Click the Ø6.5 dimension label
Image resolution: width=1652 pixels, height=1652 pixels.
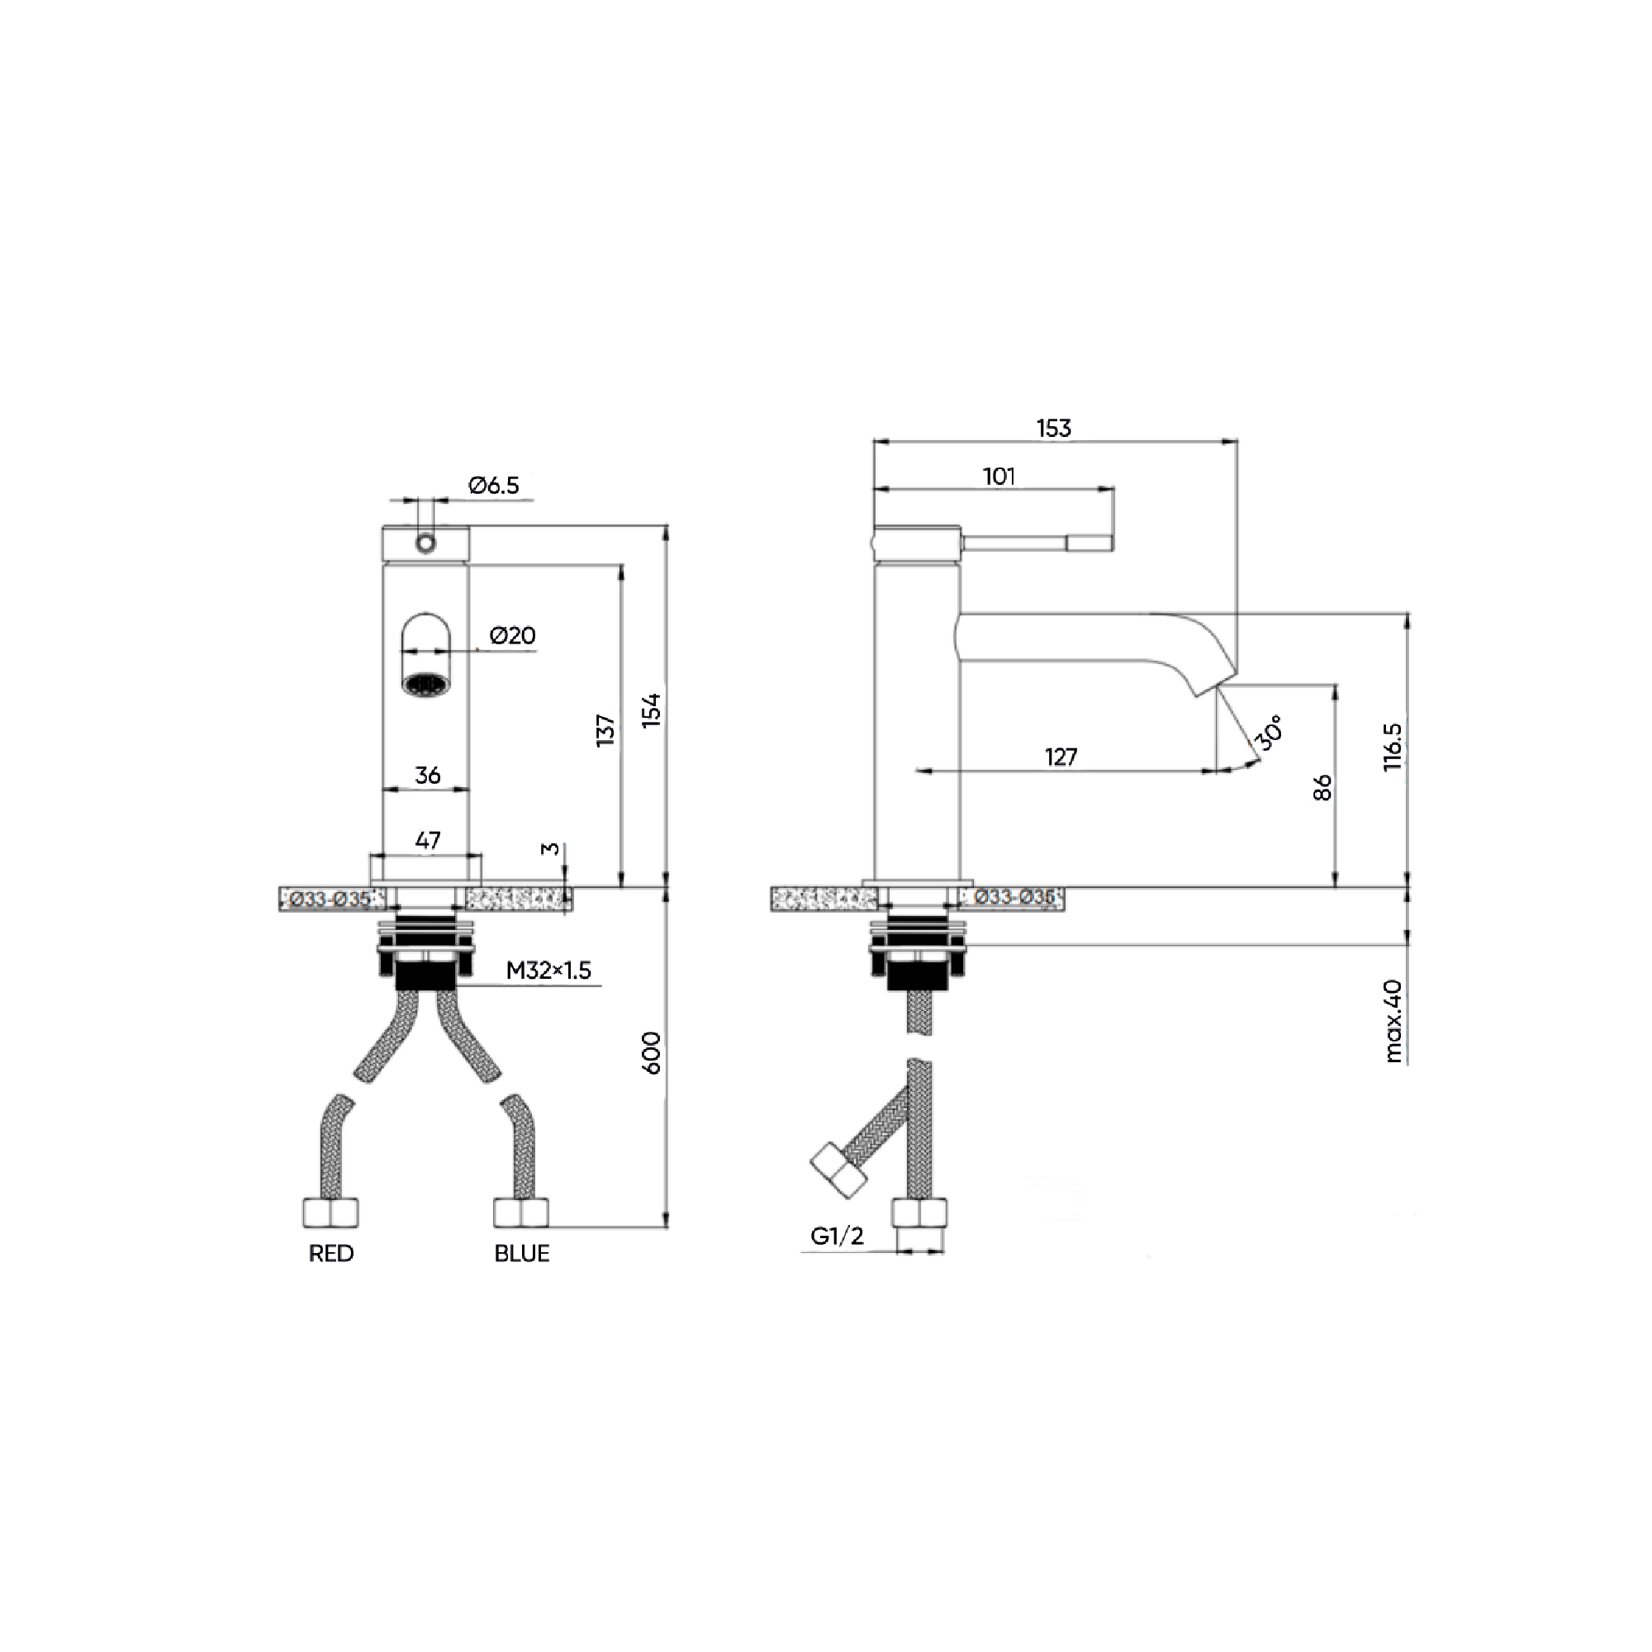493,486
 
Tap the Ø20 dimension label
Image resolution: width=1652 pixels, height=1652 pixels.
512,635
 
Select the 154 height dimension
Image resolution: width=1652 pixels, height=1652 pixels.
652,710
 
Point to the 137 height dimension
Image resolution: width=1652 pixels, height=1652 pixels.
605,730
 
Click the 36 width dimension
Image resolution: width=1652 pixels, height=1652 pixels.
428,775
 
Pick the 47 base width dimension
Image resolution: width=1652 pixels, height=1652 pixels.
428,840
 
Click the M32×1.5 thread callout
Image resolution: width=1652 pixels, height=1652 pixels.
548,971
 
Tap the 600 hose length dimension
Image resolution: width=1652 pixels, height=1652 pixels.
652,1052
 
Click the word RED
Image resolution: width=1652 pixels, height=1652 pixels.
331,1254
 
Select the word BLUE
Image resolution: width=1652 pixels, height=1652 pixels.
521,1254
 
